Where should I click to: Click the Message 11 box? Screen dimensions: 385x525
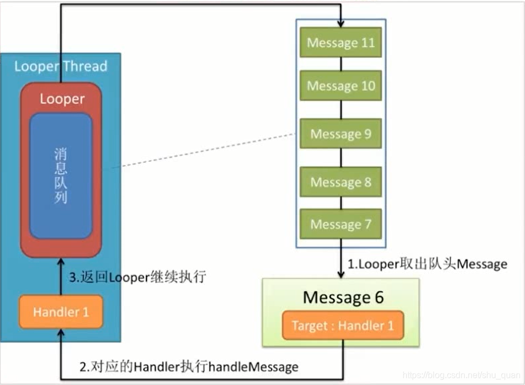click(341, 43)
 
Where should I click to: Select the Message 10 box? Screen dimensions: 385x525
click(341, 86)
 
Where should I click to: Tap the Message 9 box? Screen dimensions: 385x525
click(341, 134)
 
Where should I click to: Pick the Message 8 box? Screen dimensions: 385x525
click(341, 182)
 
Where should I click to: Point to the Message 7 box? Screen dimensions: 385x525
click(341, 224)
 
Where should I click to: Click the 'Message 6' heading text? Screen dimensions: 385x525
click(343, 297)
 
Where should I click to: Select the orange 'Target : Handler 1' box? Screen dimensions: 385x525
click(343, 326)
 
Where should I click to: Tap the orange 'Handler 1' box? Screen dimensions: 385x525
click(61, 312)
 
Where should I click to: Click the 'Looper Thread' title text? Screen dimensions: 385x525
click(61, 67)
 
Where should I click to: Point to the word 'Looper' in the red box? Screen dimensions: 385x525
click(62, 99)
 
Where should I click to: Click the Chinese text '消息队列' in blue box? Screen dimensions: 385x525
click(61, 176)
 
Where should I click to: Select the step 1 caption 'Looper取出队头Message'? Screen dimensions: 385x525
click(427, 264)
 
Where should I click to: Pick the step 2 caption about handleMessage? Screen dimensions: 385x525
click(189, 366)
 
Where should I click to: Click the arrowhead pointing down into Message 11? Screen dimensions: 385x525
click(341, 24)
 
